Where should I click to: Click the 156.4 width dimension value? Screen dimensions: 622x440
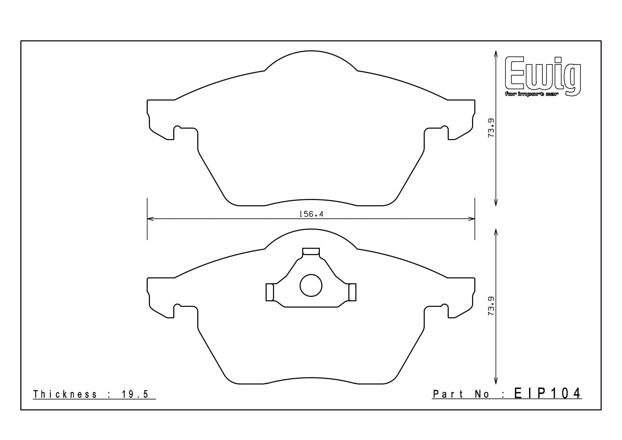pos(311,214)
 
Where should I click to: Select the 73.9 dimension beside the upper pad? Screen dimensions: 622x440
pos(491,128)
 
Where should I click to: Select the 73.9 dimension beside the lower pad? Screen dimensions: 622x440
pos(491,306)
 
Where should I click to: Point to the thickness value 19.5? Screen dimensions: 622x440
pos(135,394)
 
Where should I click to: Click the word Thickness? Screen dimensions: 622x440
pos(65,394)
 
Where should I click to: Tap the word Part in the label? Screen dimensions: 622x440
pos(448,394)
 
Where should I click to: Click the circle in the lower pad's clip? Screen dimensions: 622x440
pos(311,285)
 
